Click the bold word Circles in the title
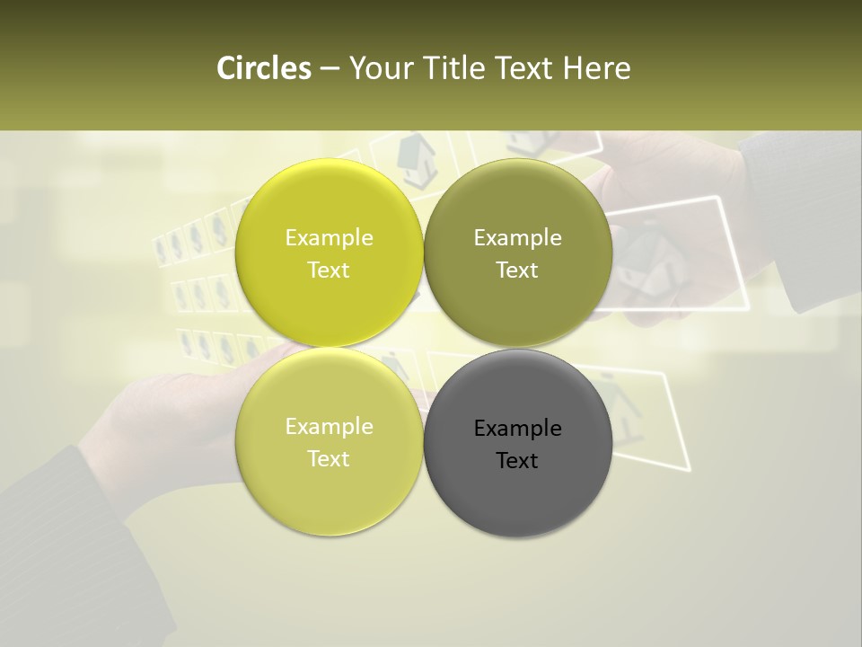[263, 68]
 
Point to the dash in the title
[329, 69]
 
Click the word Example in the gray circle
[517, 428]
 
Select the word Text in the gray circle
[517, 460]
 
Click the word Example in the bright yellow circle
[329, 237]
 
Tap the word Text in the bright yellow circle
[329, 270]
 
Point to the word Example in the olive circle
[517, 237]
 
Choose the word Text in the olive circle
[517, 270]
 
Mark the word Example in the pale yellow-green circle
[329, 426]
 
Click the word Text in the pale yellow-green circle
[329, 458]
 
